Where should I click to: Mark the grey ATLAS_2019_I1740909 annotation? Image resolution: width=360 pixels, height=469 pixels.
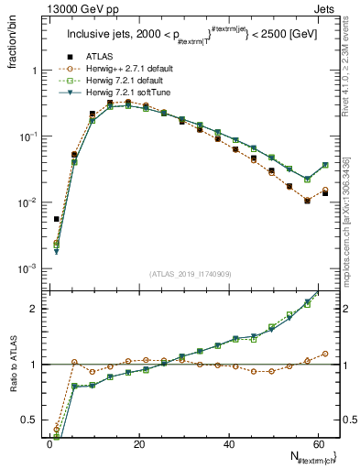point(191,273)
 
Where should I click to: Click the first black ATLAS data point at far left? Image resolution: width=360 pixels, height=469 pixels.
point(56,219)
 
